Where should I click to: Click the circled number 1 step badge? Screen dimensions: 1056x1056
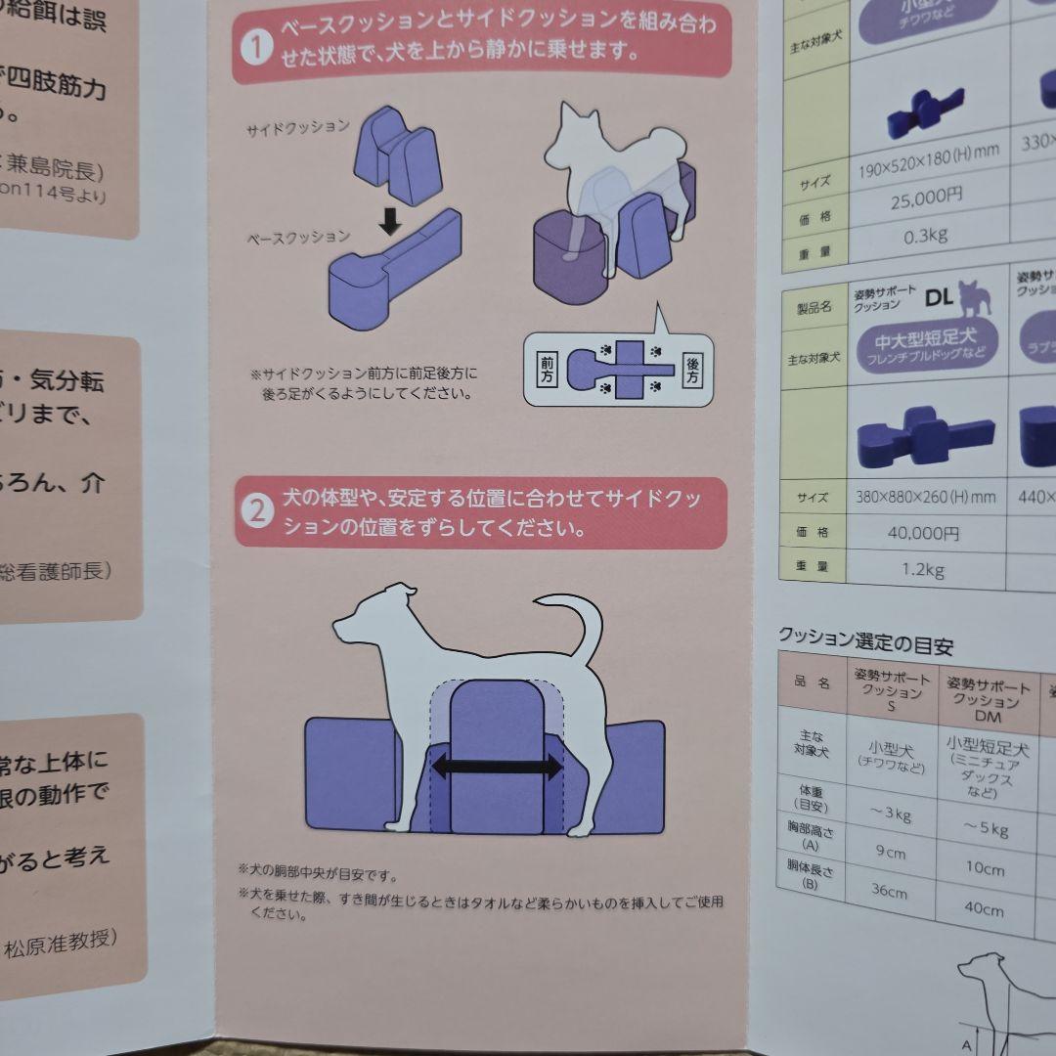point(255,48)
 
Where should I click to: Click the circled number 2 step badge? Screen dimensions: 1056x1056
point(256,511)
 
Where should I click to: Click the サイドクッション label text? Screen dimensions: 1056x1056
point(297,128)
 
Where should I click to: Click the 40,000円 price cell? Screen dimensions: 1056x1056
point(923,533)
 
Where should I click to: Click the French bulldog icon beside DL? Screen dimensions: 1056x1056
point(972,296)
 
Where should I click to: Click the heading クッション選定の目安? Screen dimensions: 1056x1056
point(864,643)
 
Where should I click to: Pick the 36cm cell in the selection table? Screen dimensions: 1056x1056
point(890,892)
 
